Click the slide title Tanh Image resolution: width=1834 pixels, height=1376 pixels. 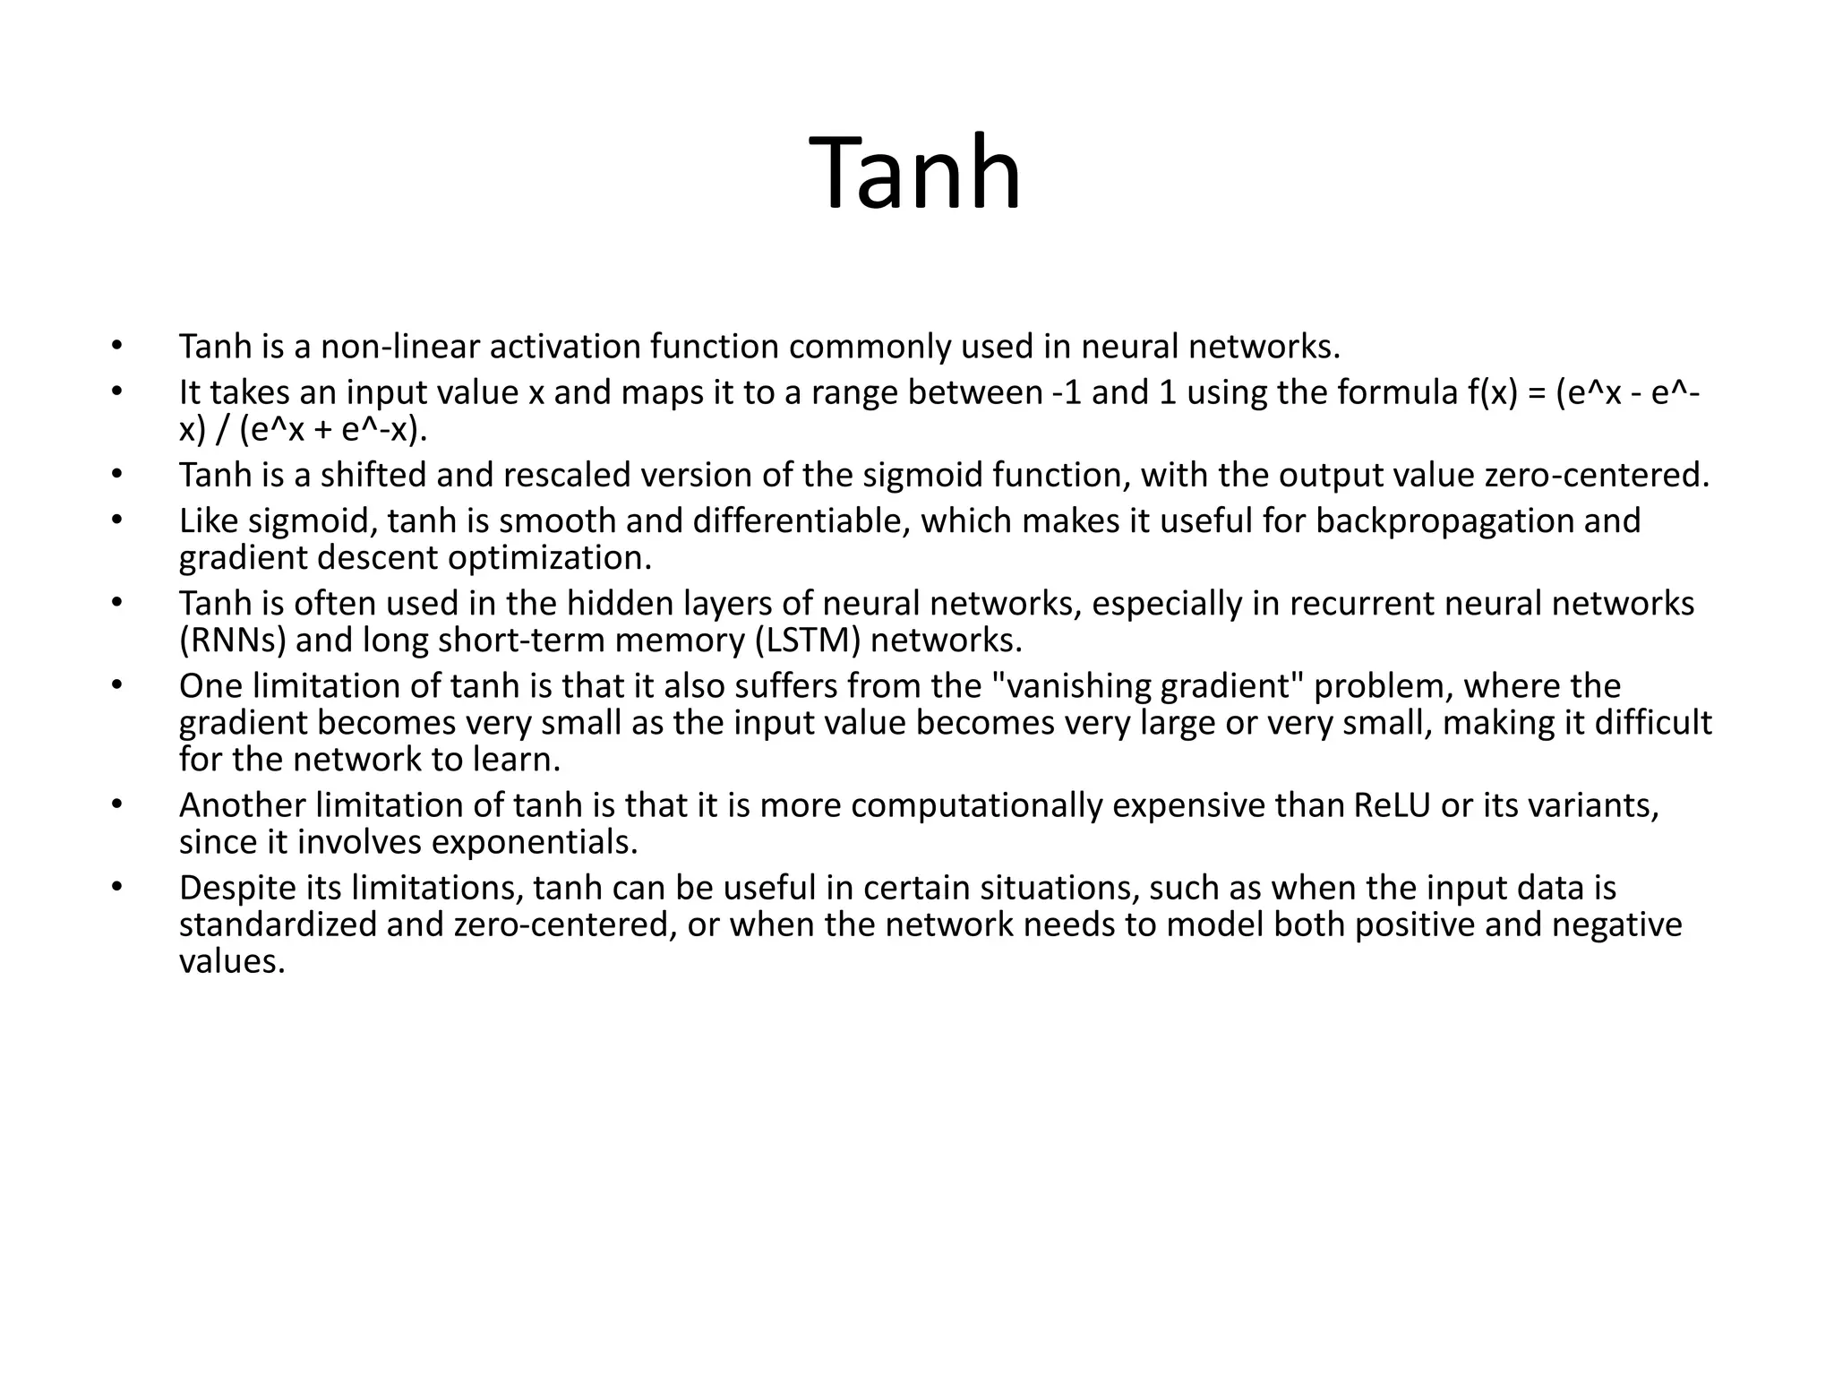point(914,173)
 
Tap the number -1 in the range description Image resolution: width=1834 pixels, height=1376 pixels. point(1066,392)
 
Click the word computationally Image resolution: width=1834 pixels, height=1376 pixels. point(976,805)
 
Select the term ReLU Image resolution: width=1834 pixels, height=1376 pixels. point(1392,805)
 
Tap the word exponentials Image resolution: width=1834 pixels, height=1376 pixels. point(535,842)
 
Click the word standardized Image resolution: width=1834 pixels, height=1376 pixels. point(278,924)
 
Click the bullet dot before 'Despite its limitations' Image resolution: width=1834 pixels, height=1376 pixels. point(116,887)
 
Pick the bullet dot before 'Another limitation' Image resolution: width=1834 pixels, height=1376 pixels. point(116,804)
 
